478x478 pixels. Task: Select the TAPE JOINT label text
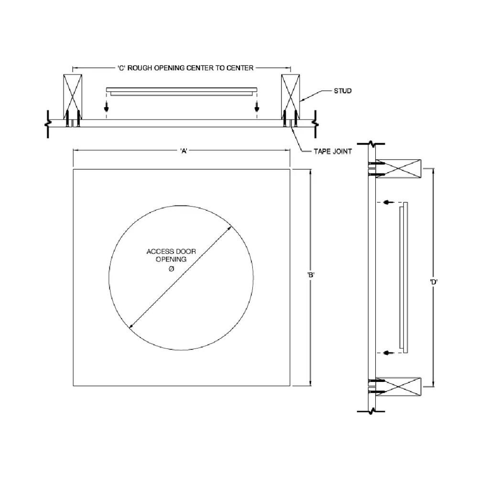pyautogui.click(x=333, y=152)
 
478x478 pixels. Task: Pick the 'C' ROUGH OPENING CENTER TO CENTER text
pyautogui.click(x=185, y=68)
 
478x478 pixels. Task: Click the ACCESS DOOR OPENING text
pyautogui.click(x=171, y=255)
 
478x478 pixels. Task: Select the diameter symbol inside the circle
pyautogui.click(x=171, y=269)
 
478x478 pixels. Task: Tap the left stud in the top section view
pyautogui.click(x=73, y=93)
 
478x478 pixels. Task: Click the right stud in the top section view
pyautogui.click(x=290, y=93)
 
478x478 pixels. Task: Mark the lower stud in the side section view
pyautogui.click(x=398, y=386)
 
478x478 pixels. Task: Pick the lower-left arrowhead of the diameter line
pyautogui.click(x=131, y=326)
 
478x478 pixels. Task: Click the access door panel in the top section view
pyautogui.click(x=182, y=91)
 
